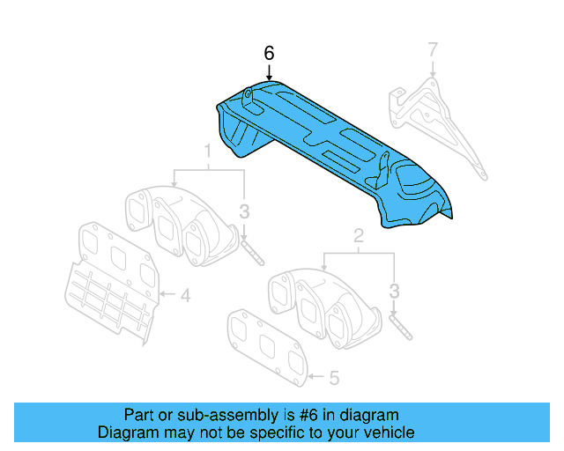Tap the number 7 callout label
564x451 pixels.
pyautogui.click(x=432, y=49)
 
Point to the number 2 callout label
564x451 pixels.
pyautogui.click(x=359, y=235)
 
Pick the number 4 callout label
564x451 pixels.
pyautogui.click(x=185, y=296)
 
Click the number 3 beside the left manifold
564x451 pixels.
pyautogui.click(x=245, y=211)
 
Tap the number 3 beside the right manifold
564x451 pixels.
pyautogui.click(x=395, y=291)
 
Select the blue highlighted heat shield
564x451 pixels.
pyautogui.click(x=335, y=150)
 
